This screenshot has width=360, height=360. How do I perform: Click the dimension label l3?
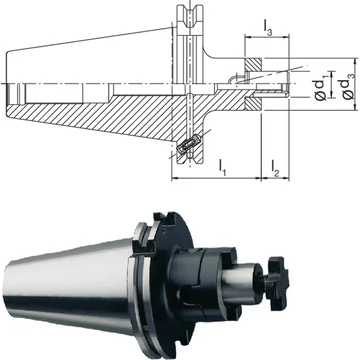pos(268,28)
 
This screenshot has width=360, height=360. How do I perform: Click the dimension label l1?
pos(222,167)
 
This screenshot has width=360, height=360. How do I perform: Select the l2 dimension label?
pos(275,168)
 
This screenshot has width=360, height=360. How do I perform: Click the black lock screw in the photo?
pos(276,283)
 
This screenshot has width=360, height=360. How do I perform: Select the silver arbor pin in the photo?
pos(241,283)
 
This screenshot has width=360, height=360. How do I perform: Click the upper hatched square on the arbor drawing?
pos(253,65)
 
